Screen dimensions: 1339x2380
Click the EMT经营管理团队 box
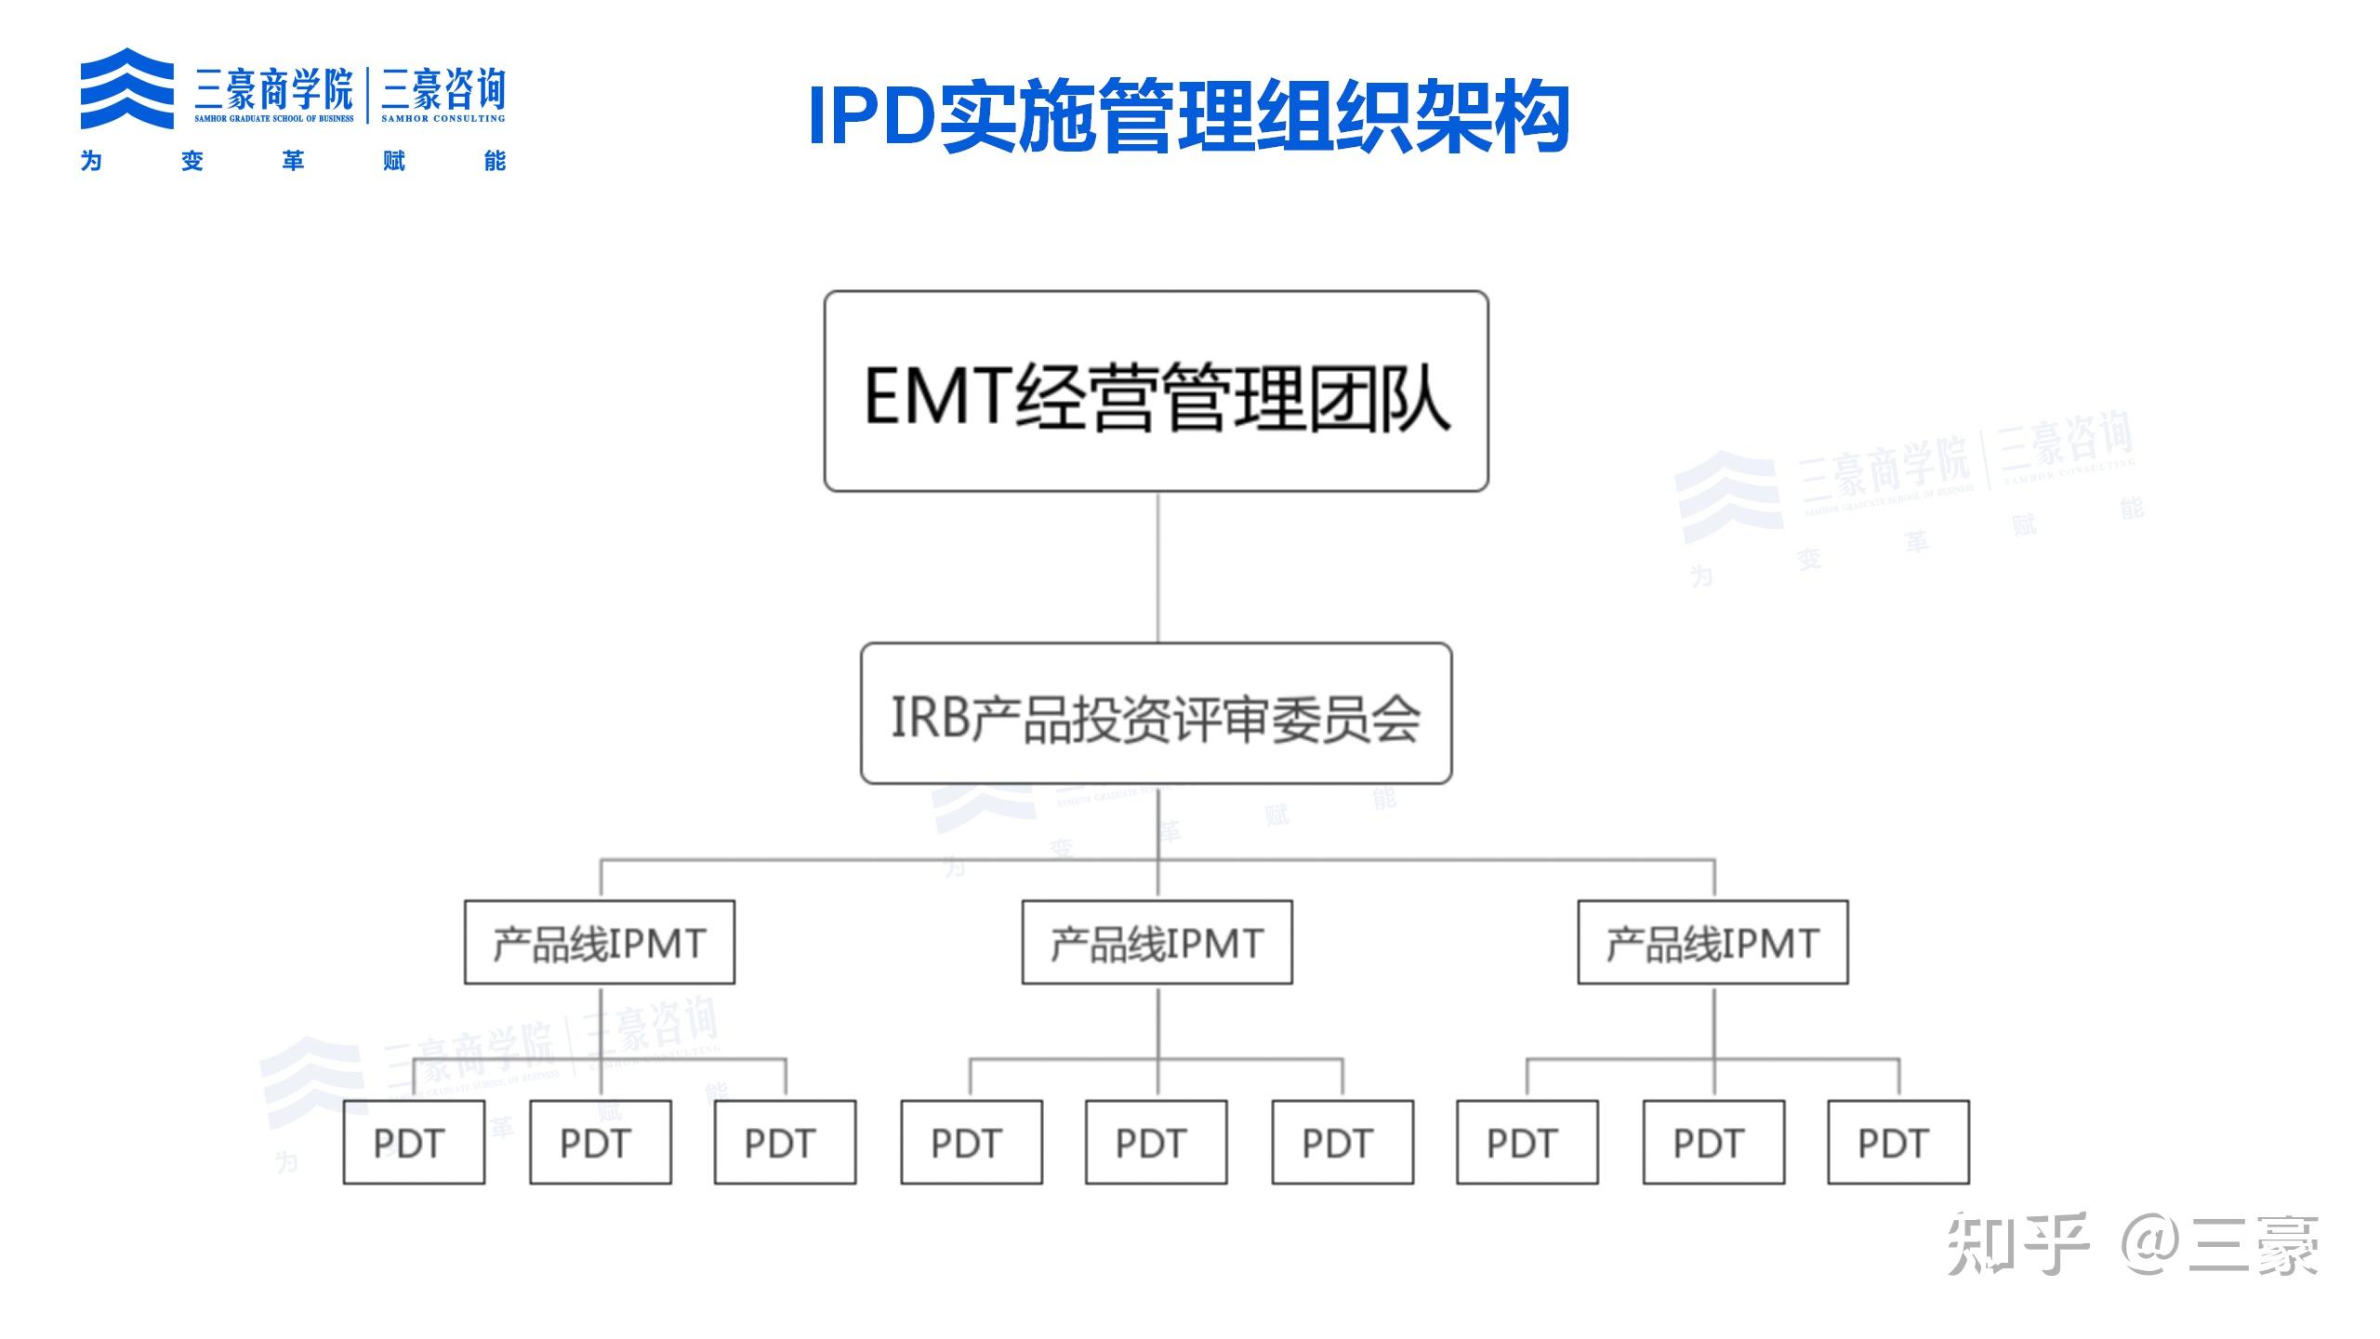pyautogui.click(x=1156, y=391)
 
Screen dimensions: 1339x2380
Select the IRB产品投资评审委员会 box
pyautogui.click(x=1156, y=713)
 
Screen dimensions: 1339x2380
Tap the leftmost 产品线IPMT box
pyautogui.click(x=600, y=942)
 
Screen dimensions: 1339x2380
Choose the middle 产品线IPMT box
pyautogui.click(x=1157, y=942)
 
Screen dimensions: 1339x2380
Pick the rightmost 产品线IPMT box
pyautogui.click(x=1712, y=942)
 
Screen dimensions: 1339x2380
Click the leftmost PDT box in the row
pyautogui.click(x=414, y=1142)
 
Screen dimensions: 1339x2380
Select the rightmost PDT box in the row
pyautogui.click(x=1897, y=1142)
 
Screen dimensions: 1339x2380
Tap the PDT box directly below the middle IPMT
pyautogui.click(x=1156, y=1142)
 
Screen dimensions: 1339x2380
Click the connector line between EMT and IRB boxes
pyautogui.click(x=1157, y=567)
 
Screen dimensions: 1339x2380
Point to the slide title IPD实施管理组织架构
pyautogui.click(x=1188, y=117)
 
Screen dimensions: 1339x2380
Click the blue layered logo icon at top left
pyautogui.click(x=126, y=88)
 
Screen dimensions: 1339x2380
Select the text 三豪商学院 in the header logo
pyautogui.click(x=273, y=89)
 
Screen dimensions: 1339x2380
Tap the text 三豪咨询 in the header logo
pyautogui.click(x=443, y=89)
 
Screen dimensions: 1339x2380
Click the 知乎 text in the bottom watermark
pyautogui.click(x=2017, y=1244)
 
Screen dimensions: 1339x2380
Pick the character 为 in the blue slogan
pyautogui.click(x=91, y=161)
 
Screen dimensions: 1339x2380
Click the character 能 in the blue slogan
pyautogui.click(x=495, y=161)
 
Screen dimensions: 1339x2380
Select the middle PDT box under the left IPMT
pyautogui.click(x=601, y=1142)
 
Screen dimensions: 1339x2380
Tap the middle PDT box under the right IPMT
pyautogui.click(x=1712, y=1142)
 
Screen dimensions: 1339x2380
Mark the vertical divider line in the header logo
pyautogui.click(x=368, y=95)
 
